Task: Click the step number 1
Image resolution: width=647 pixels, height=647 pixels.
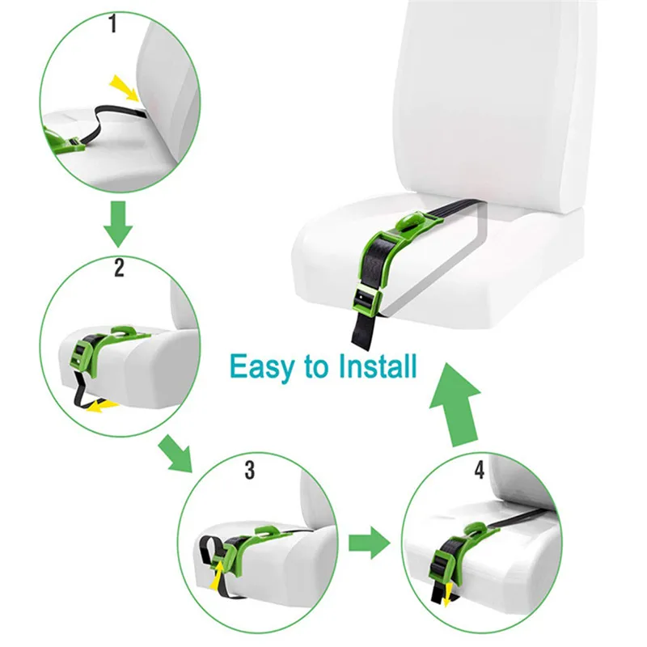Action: (112, 25)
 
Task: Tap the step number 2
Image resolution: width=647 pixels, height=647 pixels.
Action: (119, 269)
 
